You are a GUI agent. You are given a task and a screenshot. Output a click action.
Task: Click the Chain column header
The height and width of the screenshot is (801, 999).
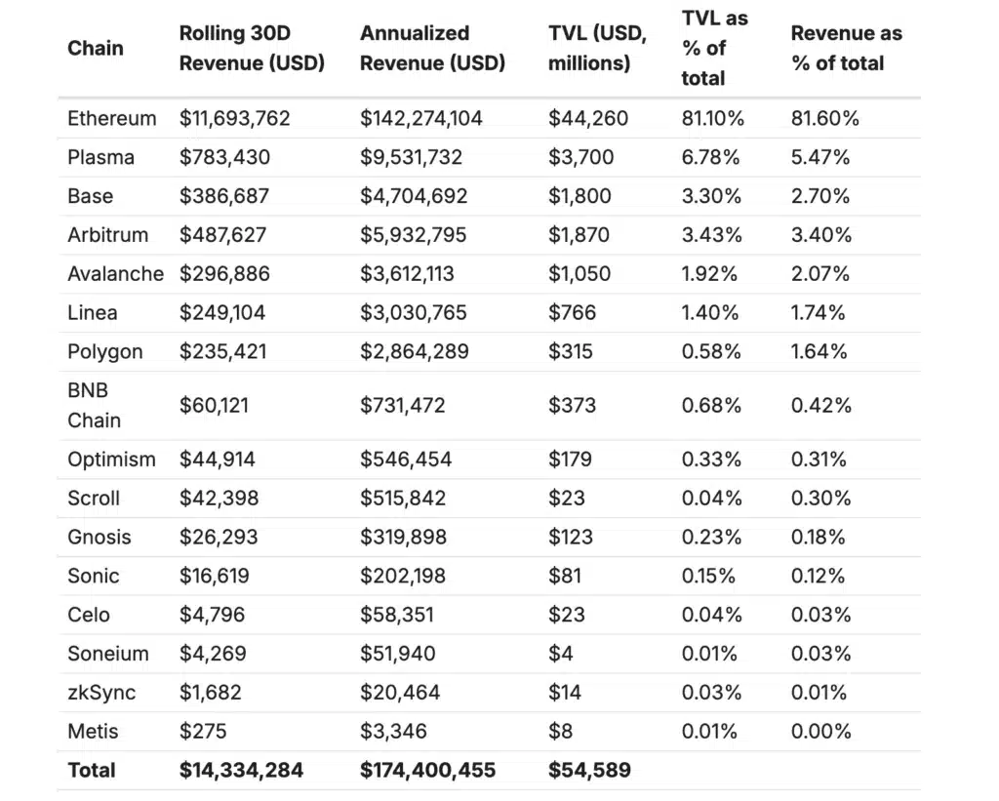pos(95,48)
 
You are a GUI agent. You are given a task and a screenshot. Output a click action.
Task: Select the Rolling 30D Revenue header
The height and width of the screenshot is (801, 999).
pos(252,48)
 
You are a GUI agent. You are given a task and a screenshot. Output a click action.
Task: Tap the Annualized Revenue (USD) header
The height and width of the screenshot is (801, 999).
pos(432,48)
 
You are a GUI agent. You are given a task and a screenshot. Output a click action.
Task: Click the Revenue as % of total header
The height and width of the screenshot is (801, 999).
pos(846,48)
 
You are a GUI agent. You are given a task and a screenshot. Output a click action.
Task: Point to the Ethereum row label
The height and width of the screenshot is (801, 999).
pos(111,119)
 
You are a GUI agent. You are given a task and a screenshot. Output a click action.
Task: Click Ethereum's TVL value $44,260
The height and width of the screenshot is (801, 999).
pos(588,119)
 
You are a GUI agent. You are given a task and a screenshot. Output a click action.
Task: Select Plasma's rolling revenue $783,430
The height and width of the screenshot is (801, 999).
pos(224,157)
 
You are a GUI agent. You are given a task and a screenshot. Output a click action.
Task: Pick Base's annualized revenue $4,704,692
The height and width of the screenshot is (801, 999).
pos(414,196)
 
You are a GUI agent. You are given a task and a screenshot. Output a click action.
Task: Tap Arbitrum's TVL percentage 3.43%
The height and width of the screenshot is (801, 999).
pos(712,235)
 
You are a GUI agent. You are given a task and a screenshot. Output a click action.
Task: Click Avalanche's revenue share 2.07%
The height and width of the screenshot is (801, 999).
pos(820,274)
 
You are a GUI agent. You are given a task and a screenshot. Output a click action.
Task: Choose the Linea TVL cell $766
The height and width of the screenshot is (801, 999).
pos(571,313)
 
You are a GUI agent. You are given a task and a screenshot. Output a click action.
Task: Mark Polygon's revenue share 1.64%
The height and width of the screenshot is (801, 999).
pos(819,351)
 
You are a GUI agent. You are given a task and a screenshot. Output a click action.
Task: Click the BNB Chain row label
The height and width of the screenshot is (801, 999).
pos(94,405)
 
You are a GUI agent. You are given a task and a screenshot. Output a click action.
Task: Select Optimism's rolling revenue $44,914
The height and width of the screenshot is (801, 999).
pos(219,460)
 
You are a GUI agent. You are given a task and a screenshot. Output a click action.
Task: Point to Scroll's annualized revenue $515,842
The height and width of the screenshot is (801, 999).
pos(403,499)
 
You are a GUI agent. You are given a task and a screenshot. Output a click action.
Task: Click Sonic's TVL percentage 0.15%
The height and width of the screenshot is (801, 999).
pos(708,576)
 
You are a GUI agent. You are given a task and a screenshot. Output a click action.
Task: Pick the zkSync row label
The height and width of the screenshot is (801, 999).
pos(101,693)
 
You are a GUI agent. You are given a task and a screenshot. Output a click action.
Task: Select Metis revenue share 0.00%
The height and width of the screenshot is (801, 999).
pos(820,731)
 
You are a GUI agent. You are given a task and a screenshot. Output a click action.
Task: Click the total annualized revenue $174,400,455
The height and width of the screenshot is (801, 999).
pos(427,770)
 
